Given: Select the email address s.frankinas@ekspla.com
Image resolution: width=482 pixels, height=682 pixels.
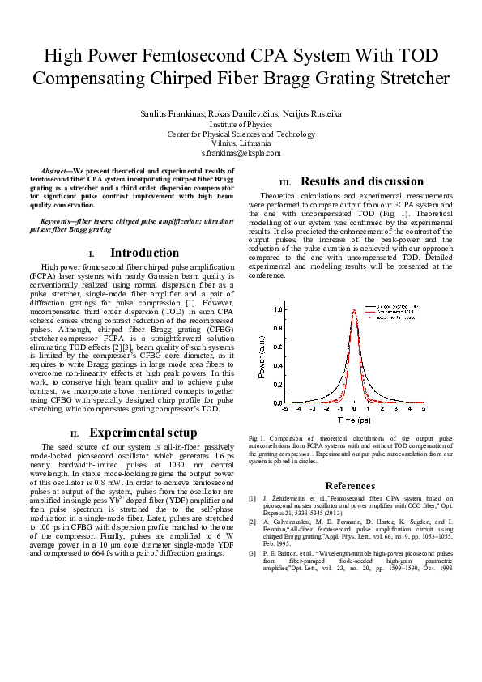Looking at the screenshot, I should pyautogui.click(x=241, y=152).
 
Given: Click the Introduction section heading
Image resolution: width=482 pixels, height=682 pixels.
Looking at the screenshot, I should pyautogui.click(x=144, y=253).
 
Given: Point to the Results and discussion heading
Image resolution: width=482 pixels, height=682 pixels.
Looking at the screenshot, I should pyautogui.click(x=361, y=181).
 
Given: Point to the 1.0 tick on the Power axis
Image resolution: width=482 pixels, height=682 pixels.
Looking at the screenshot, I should pyautogui.click(x=278, y=309).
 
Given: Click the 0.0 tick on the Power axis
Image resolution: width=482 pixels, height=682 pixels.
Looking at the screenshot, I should pyautogui.click(x=278, y=403).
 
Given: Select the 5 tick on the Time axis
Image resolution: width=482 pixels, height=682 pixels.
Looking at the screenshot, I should pyautogui.click(x=422, y=410).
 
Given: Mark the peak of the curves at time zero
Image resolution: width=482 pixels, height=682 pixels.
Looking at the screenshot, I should pyautogui.click(x=355, y=310).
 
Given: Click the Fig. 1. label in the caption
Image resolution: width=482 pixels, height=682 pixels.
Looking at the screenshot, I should pyautogui.click(x=258, y=438).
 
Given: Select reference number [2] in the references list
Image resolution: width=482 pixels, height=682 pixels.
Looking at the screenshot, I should pyautogui.click(x=253, y=522).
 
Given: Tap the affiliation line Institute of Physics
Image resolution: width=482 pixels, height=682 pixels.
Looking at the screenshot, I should pyautogui.click(x=241, y=125).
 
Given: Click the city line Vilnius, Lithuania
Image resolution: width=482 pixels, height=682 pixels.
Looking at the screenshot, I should pyautogui.click(x=241, y=143).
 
